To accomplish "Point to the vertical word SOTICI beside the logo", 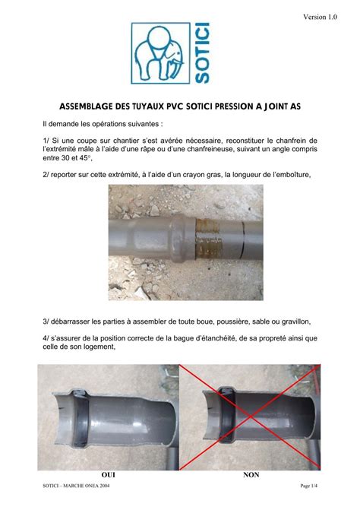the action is pyautogui.click(x=201, y=52).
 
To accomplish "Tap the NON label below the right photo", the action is pyautogui.click(x=251, y=474).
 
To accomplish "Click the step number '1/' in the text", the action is pyautogui.click(x=46, y=140).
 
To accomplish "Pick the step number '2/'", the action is pyautogui.click(x=46, y=174).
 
